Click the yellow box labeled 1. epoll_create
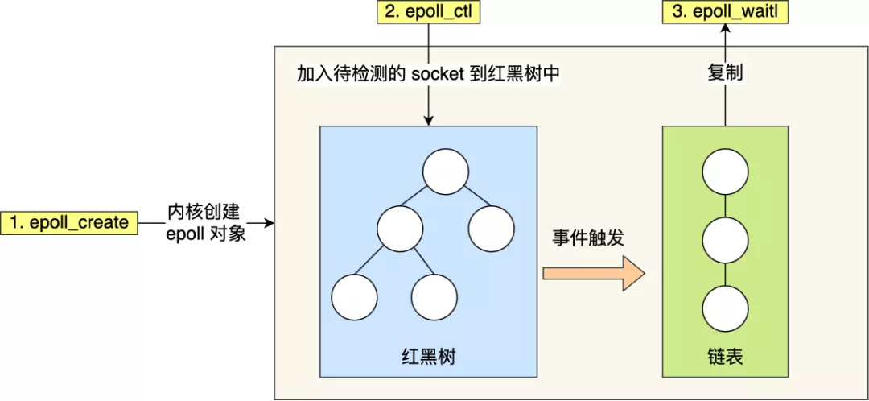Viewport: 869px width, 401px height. pos(68,223)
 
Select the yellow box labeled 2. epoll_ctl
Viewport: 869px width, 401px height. pos(428,11)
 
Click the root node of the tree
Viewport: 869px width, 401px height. pos(446,172)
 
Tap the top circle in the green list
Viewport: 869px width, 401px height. pos(726,172)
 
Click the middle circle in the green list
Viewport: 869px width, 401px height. pos(726,240)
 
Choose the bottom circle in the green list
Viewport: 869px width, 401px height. pos(726,308)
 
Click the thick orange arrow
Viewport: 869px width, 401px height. pos(594,274)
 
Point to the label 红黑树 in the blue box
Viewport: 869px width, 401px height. pos(428,356)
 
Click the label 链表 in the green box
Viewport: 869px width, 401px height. pos(726,356)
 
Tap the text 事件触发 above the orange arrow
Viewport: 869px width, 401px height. pos(588,238)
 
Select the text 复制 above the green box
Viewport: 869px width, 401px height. pos(725,74)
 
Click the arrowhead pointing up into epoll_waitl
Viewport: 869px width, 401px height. pos(725,29)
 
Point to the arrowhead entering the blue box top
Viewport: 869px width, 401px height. pos(428,120)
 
